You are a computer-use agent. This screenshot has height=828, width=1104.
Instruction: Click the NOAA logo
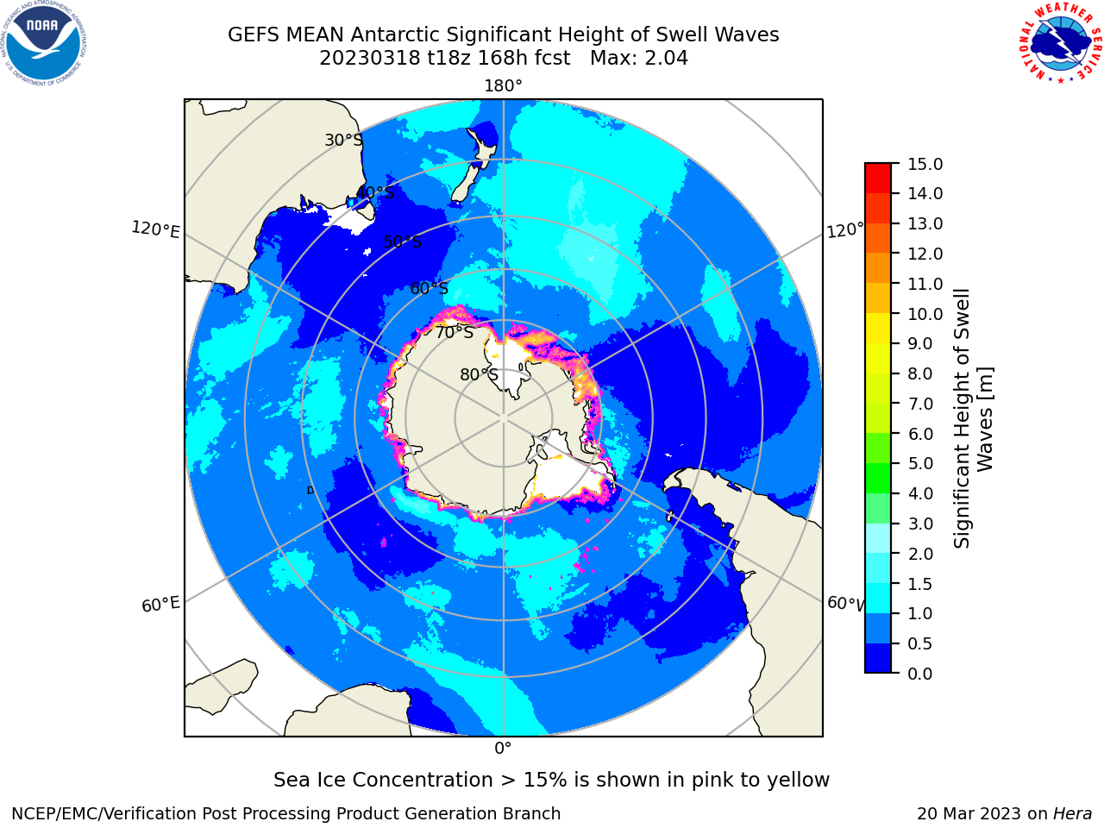click(x=43, y=43)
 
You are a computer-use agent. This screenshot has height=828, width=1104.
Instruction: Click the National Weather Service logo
click(x=1060, y=43)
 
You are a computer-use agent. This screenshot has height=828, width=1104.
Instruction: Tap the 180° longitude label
click(x=503, y=86)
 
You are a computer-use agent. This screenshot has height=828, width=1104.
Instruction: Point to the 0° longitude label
click(x=503, y=749)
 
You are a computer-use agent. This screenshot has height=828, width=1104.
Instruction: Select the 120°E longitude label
click(x=155, y=229)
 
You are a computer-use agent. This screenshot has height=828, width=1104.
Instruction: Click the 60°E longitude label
click(x=160, y=605)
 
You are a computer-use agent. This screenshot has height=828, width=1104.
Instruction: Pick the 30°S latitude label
click(x=343, y=140)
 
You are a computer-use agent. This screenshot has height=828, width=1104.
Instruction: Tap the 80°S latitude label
click(x=479, y=374)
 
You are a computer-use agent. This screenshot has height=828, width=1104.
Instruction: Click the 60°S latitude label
click(x=429, y=288)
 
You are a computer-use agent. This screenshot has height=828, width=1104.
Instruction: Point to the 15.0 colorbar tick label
click(x=925, y=164)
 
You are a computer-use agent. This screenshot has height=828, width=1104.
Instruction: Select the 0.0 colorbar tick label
click(x=920, y=674)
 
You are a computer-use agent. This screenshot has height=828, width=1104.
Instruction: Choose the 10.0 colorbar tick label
click(x=925, y=314)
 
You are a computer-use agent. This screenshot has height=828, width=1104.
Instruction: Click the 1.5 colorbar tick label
click(x=920, y=584)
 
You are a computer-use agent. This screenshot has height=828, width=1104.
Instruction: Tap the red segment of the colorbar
click(x=878, y=178)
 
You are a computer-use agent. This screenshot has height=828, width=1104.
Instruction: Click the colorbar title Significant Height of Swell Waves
click(x=973, y=419)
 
